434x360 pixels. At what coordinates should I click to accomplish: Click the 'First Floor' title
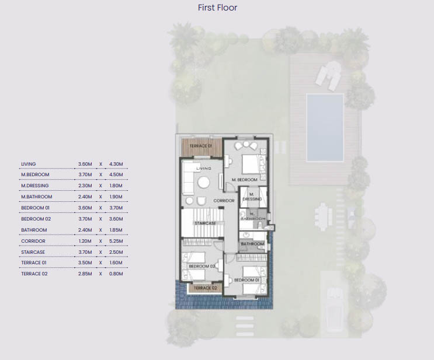[217, 8]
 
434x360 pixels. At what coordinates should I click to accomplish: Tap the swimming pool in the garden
[325, 127]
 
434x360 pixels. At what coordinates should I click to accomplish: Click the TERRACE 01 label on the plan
[202, 145]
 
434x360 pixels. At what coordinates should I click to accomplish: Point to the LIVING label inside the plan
[203, 169]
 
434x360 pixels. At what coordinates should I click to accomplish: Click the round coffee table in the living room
[203, 183]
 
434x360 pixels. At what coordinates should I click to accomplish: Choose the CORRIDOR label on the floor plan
[224, 201]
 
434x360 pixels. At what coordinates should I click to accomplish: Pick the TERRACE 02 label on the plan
[205, 288]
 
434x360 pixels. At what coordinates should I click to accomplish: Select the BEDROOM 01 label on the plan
[245, 280]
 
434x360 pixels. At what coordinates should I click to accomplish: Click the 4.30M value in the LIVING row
[116, 164]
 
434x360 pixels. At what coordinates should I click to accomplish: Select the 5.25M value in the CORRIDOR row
[116, 240]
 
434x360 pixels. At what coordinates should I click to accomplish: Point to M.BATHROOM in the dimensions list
[37, 197]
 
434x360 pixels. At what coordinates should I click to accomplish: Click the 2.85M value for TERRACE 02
[86, 273]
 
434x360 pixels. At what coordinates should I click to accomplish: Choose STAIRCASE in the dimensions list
[33, 251]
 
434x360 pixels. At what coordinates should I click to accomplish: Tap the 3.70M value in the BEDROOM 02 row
[86, 219]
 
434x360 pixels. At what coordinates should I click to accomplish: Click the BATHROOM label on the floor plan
[253, 244]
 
